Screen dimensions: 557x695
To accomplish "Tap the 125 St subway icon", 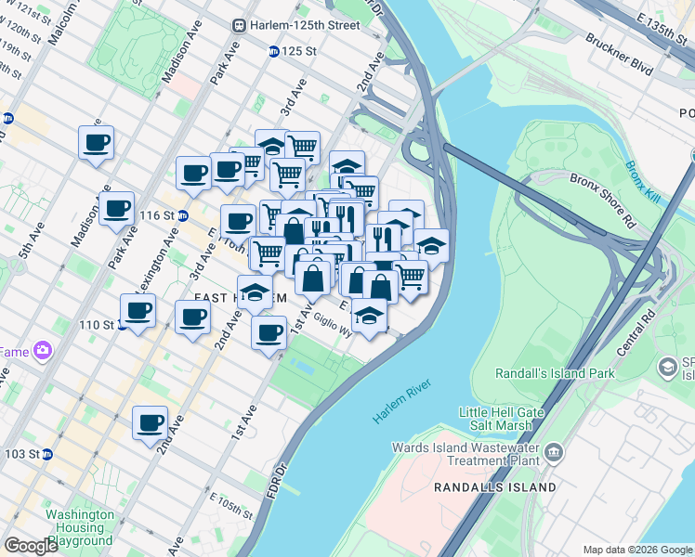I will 274,52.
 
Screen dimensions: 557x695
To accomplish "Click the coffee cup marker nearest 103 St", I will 150,423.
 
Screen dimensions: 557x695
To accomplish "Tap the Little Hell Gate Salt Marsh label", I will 505,419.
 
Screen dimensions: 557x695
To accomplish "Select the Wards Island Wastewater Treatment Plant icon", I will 555,453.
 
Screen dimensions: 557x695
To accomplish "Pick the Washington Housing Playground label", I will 81,527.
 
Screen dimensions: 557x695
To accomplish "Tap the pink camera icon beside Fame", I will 42,350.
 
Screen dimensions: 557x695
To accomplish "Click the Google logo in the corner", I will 31,546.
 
